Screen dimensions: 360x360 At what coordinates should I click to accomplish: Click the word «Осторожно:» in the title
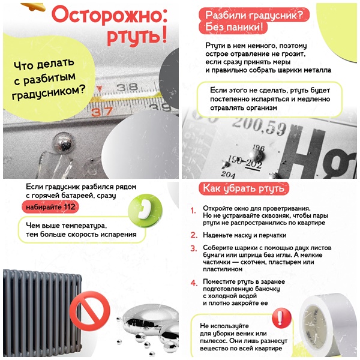click(x=110, y=15)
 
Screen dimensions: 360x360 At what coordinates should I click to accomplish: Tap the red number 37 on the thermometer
click(x=102, y=112)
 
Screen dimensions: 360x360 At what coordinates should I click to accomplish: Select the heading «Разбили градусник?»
click(x=254, y=15)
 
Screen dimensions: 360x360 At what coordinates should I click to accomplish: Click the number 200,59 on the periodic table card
click(x=259, y=127)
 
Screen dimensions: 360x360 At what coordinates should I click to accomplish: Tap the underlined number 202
click(x=254, y=164)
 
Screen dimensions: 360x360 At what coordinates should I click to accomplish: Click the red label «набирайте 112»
click(x=50, y=207)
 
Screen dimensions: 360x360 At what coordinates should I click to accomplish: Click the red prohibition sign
click(x=90, y=311)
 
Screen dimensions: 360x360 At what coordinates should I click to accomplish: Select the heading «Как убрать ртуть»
click(x=244, y=188)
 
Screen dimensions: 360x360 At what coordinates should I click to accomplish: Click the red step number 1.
click(x=193, y=211)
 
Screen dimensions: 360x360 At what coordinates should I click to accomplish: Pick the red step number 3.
click(x=194, y=248)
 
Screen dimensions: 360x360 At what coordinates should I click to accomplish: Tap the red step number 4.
click(x=194, y=283)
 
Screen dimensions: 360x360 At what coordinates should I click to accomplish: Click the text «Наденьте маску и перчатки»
click(x=245, y=235)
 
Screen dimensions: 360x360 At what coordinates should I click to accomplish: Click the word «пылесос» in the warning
click(x=212, y=341)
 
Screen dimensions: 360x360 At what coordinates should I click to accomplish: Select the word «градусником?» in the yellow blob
click(x=49, y=92)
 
